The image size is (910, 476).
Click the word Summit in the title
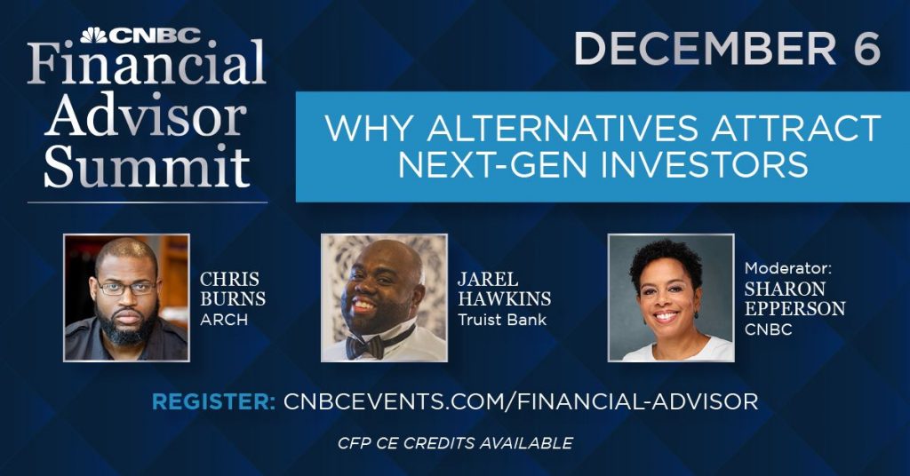pos(147,166)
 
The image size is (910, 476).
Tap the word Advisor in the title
pos(146,117)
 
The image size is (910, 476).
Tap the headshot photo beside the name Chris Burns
pos(126,297)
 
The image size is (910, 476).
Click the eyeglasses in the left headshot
pos(125,288)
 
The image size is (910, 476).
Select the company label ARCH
pos(223,320)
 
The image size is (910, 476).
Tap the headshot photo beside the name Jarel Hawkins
pos(384,297)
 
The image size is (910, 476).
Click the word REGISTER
pos(213,401)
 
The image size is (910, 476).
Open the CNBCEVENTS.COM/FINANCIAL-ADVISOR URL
pos(521,401)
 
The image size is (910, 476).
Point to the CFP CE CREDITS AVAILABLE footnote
pos(455,442)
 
